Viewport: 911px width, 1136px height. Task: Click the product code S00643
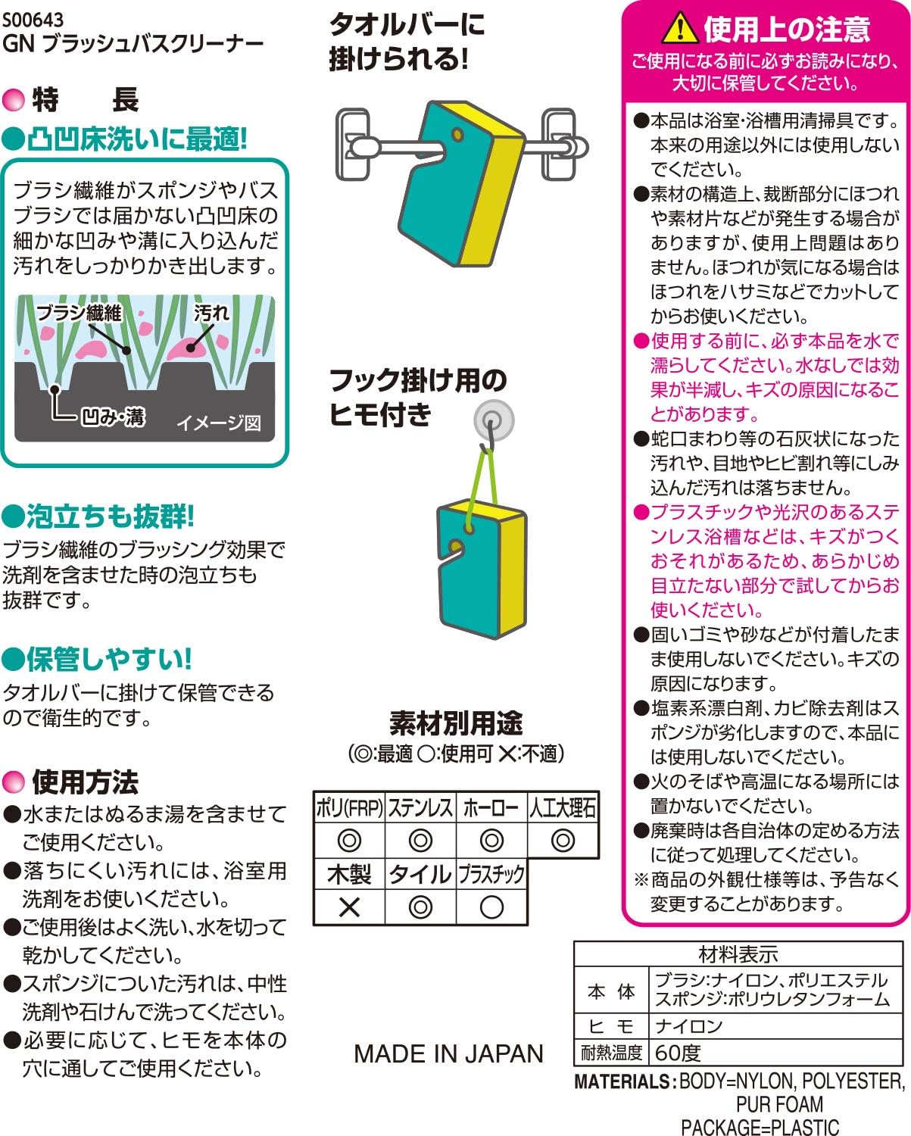click(33, 20)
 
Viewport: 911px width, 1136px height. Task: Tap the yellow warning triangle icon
click(680, 28)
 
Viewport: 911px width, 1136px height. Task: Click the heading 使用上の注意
click(787, 30)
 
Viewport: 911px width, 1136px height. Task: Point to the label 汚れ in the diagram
click(211, 313)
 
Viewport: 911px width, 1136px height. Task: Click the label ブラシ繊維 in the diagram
click(80, 313)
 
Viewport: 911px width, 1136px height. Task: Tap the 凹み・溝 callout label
click(113, 417)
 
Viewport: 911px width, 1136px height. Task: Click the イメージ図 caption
click(219, 423)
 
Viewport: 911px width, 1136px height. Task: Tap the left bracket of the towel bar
click(353, 144)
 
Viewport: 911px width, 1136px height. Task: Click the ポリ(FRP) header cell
click(349, 807)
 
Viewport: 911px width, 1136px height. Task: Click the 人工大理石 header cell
click(563, 807)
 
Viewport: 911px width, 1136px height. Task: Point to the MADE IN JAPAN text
click(448, 1054)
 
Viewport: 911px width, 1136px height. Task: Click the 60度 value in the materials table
click(678, 1053)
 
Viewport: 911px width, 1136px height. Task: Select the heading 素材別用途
click(456, 723)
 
